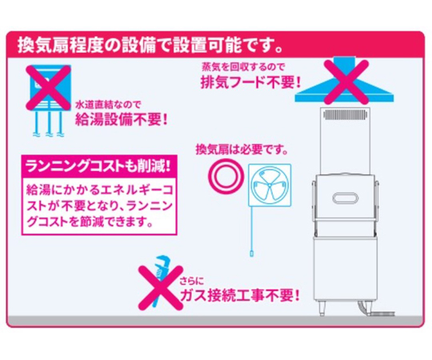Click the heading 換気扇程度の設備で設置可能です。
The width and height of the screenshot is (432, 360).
coord(150,46)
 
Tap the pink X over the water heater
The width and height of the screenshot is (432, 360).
coord(49,87)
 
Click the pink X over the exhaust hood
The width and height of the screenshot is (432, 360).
coord(346,82)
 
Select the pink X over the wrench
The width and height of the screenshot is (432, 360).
coord(161,287)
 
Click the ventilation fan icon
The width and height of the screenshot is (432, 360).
coord(270,185)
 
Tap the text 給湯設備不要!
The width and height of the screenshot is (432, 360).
coord(122,120)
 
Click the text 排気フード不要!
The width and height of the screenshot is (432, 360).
coord(250,82)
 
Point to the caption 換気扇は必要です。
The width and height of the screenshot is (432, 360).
coord(242,150)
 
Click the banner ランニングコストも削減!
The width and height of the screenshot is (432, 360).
coord(99,166)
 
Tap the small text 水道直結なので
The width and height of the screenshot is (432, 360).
coord(108,105)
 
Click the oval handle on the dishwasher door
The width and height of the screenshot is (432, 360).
coord(346,198)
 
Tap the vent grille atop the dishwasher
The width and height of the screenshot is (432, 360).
coord(346,115)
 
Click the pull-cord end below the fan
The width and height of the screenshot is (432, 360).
coord(251,254)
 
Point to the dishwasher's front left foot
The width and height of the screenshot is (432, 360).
coord(322,310)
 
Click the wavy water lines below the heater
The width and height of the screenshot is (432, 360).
coord(49,134)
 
